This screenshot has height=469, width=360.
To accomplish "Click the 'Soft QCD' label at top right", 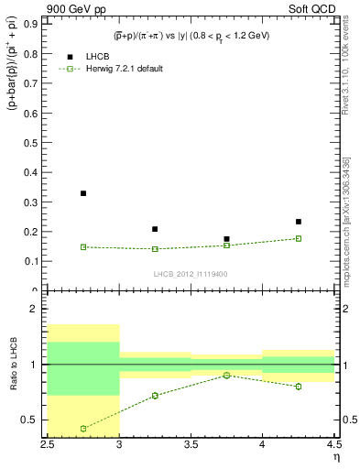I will [312, 10].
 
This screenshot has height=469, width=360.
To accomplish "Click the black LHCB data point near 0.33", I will [83, 193].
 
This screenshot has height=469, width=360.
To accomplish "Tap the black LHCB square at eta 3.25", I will [155, 229].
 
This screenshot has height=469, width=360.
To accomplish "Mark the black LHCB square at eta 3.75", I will [226, 239].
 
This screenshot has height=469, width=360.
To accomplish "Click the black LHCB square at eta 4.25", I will [299, 222].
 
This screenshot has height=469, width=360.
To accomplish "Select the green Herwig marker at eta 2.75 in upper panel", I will [83, 246].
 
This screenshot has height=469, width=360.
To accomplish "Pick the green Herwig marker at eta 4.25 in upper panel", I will [299, 238].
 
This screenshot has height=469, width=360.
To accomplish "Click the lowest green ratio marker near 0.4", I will [83, 429].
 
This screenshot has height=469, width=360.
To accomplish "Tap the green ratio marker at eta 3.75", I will [226, 375].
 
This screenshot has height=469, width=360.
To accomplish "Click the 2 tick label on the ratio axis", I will [38, 309].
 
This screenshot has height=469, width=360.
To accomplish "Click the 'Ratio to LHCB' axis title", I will [13, 366].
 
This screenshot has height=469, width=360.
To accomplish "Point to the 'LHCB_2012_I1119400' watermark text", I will [191, 274].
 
